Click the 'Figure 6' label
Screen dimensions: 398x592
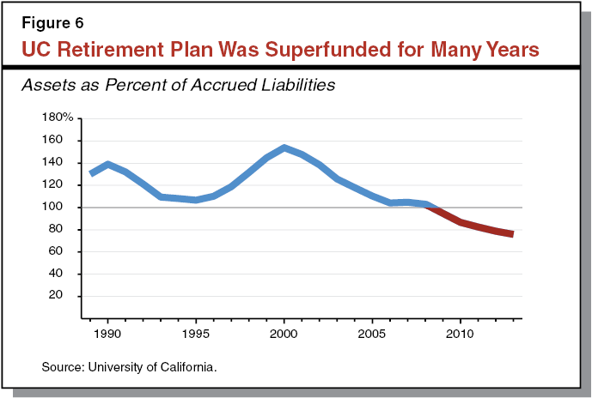coord(46,22)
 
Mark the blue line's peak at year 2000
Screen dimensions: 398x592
coord(284,148)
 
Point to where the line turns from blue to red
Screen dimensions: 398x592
coord(431,206)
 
